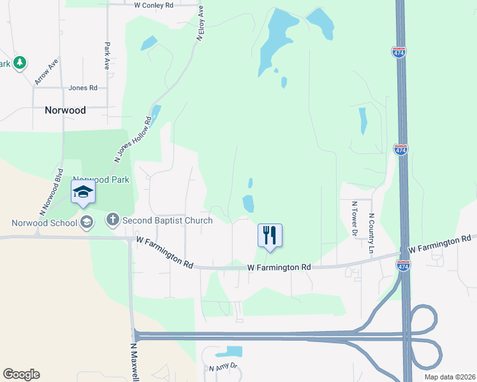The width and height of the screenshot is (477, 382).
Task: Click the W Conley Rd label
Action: click(154, 5)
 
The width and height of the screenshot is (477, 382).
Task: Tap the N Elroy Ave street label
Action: click(200, 24)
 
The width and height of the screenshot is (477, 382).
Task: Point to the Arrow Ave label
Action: click(47, 71)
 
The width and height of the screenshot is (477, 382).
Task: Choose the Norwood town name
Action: click(65, 110)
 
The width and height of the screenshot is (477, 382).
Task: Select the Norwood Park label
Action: click(101, 180)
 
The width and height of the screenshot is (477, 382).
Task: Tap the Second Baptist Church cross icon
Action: click(112, 220)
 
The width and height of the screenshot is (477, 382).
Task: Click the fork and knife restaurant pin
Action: click(270, 236)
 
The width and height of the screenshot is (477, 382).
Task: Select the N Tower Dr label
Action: click(355, 218)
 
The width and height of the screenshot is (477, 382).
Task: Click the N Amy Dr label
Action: click(223, 367)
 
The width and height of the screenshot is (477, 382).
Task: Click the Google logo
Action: click(21, 374)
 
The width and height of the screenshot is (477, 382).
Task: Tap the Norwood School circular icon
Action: click(87, 222)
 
